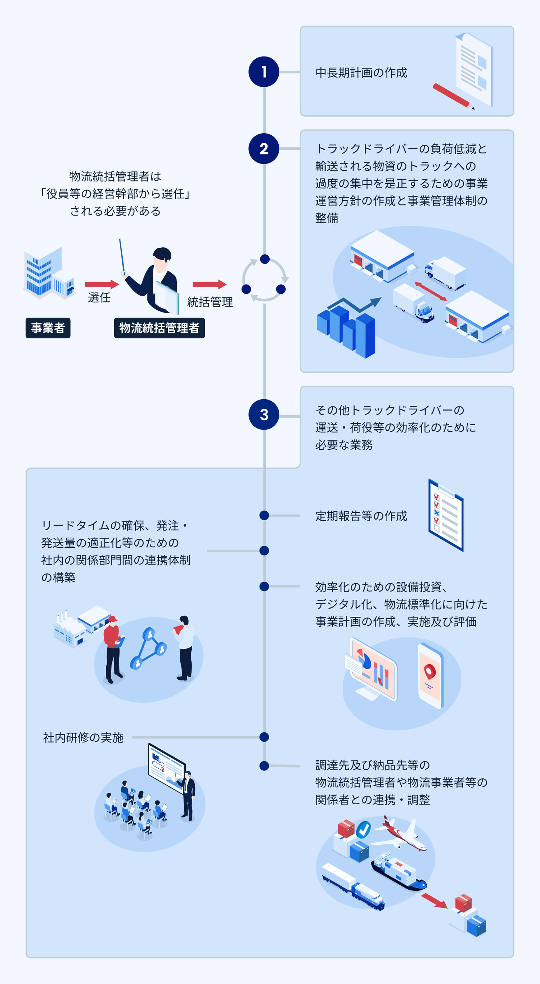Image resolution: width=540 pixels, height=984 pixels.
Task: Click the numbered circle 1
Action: (264, 72)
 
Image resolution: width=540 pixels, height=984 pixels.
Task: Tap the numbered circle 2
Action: (264, 149)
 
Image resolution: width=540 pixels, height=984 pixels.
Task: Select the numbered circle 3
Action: (264, 414)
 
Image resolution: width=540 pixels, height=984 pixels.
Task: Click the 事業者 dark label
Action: (48, 328)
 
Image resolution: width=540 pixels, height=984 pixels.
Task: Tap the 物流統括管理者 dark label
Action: (159, 328)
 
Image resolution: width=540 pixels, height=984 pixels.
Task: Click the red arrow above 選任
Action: (102, 284)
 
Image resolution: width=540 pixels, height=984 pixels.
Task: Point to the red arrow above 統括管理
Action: (209, 284)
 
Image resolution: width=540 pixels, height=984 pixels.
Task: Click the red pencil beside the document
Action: (453, 96)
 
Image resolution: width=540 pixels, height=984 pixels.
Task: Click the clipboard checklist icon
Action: (446, 515)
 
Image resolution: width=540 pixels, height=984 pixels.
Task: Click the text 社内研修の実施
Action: (83, 737)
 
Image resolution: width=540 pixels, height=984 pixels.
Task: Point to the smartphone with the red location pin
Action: (431, 675)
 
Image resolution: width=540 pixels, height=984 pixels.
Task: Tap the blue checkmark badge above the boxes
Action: (363, 829)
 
